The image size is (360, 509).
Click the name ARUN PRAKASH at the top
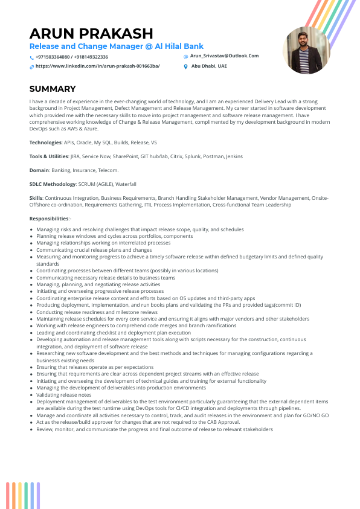[x=91, y=33]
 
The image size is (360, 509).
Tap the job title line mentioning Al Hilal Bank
[x=117, y=46]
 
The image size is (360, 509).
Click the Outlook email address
[x=224, y=56]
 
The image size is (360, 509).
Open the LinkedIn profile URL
[x=97, y=66]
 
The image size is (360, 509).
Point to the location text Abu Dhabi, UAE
[x=209, y=66]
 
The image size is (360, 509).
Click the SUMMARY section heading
[x=53, y=89]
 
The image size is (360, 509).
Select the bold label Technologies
[x=45, y=142]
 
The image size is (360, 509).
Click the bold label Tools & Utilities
[x=49, y=156]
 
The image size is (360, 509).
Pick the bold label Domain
[x=39, y=170]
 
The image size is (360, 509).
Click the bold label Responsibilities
[x=50, y=219]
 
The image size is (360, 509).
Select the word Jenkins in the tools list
[x=234, y=156]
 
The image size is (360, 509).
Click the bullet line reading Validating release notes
[x=64, y=395]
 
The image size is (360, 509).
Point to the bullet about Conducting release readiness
[x=92, y=312]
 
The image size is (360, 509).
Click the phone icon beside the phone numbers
[x=31, y=58]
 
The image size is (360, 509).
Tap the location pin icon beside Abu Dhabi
[x=186, y=66]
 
